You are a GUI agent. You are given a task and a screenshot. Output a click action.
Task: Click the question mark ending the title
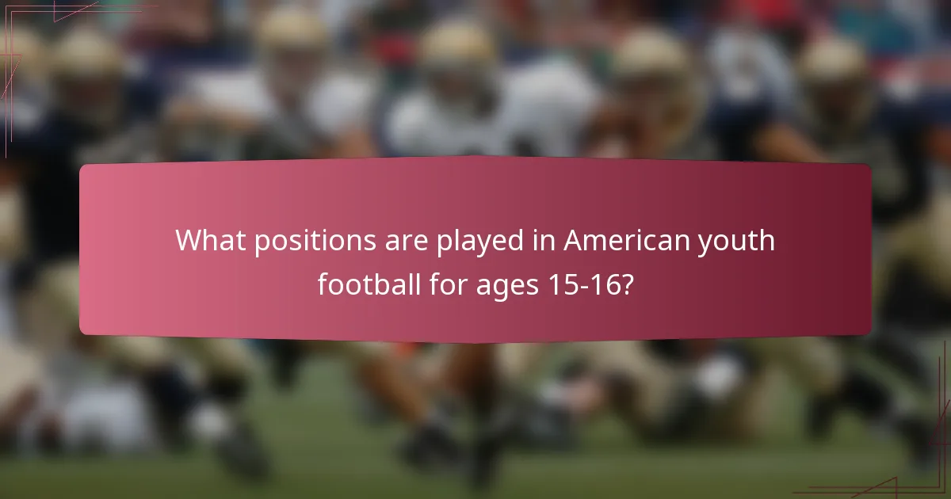tap(627, 283)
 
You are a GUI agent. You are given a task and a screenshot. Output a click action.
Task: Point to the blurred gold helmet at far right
tap(832, 63)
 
